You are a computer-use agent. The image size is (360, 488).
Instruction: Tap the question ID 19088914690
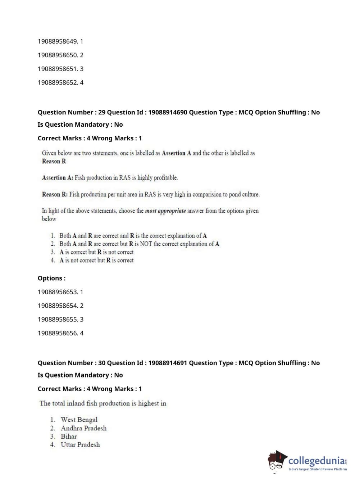(x=168, y=112)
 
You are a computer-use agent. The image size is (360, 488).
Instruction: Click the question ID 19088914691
(x=168, y=363)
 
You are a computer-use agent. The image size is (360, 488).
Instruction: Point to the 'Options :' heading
(x=52, y=278)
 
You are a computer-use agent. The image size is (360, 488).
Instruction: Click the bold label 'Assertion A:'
(x=58, y=178)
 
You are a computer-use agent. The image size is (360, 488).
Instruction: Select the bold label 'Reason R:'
(x=55, y=194)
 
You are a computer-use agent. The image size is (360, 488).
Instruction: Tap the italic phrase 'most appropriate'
(x=165, y=211)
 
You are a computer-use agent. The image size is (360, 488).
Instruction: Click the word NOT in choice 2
(x=146, y=244)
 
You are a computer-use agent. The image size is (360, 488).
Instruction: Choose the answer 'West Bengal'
(x=79, y=420)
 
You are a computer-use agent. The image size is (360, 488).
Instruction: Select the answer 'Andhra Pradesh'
(x=83, y=428)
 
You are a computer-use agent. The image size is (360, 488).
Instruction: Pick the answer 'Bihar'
(x=69, y=437)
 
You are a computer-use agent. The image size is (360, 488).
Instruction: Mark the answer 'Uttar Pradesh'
(x=80, y=445)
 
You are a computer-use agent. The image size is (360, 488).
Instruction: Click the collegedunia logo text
(x=316, y=461)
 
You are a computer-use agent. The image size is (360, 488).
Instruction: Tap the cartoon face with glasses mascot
(x=277, y=461)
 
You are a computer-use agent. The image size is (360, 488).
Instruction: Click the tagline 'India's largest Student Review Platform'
(x=318, y=469)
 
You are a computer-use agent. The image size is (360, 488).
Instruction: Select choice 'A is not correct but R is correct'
(x=96, y=261)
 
